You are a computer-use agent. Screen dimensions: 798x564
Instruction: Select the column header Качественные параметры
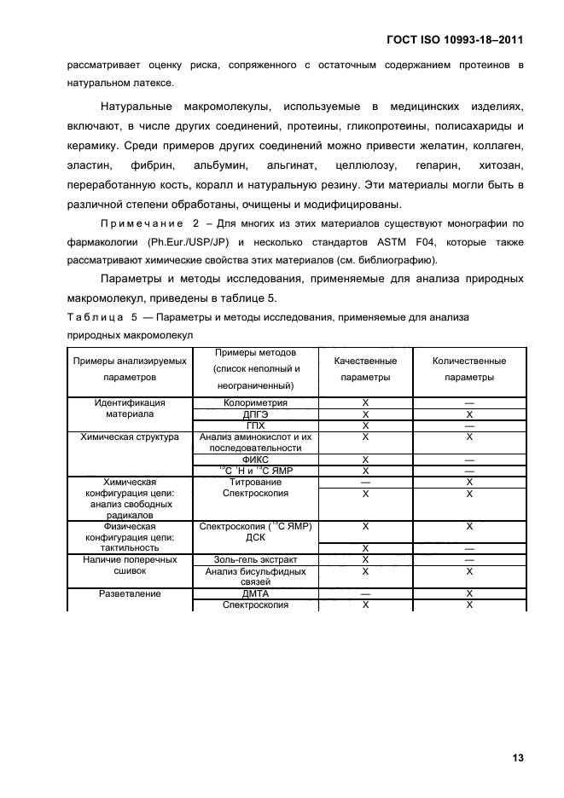[x=364, y=368]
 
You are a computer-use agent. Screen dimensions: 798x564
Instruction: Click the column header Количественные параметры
[x=468, y=368]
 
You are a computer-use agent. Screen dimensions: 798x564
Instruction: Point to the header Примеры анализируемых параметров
[x=130, y=368]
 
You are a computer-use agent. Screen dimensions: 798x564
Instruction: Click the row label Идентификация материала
[x=130, y=408]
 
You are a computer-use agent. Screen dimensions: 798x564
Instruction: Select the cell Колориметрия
[x=255, y=402]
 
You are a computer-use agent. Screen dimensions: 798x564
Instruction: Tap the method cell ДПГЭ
[x=255, y=413]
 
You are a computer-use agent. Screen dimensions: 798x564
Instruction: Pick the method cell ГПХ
[x=255, y=425]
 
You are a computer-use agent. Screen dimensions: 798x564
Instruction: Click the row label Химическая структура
[x=130, y=437]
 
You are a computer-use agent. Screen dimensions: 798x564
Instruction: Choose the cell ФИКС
[x=255, y=459]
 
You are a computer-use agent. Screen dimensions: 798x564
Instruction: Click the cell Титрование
[x=255, y=482]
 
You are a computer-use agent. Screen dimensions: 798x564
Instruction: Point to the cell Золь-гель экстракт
[x=255, y=560]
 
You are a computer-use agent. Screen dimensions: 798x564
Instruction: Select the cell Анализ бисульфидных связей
[x=255, y=577]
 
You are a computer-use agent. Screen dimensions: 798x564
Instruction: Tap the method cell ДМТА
[x=255, y=593]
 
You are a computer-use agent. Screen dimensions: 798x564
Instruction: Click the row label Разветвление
[x=130, y=593]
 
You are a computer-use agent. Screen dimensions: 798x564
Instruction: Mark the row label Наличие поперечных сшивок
[x=130, y=565]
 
